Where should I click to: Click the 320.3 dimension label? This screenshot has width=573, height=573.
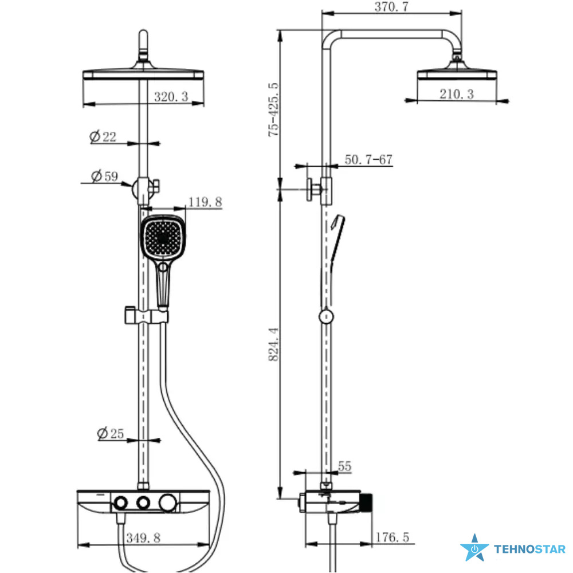[171, 97]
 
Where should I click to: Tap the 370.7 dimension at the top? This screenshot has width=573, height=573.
[391, 6]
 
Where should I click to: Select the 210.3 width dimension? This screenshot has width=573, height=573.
[457, 95]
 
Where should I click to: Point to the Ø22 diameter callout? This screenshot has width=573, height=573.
[103, 137]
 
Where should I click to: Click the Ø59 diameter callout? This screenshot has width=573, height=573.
[104, 176]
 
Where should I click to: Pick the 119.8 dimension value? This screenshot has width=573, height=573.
[205, 202]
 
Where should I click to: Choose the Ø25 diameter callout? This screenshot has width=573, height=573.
[111, 433]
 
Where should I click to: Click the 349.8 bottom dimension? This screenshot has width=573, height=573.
[143, 538]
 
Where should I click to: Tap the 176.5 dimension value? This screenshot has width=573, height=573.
[393, 537]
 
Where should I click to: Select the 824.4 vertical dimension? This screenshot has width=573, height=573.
[274, 344]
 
